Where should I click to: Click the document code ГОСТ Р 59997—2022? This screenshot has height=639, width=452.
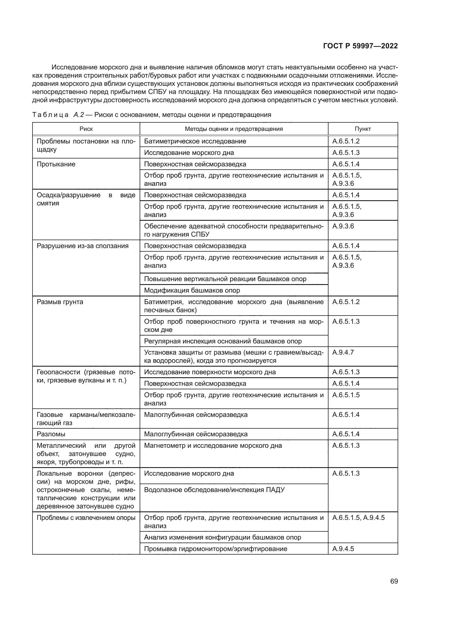point(360,46)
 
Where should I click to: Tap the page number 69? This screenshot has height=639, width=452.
point(394,581)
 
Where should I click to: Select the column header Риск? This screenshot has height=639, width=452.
point(86,129)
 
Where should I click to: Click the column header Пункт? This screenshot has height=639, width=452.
point(363,129)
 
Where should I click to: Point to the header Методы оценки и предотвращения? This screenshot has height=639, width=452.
point(234,129)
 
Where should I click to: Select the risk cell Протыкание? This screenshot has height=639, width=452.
point(56,164)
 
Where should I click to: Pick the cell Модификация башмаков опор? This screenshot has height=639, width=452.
point(192,290)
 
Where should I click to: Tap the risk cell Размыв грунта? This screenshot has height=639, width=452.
point(60,302)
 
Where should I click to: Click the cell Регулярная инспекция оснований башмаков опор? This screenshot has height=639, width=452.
point(223,341)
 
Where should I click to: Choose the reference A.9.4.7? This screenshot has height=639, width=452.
point(343,352)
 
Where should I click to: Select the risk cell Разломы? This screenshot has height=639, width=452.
point(51,434)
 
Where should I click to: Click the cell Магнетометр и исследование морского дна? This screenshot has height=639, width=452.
point(213,446)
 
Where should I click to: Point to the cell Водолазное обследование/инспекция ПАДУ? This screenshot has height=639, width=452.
point(214,490)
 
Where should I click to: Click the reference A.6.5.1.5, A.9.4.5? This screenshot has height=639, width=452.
point(359,518)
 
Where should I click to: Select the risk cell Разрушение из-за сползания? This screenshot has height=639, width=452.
point(83,246)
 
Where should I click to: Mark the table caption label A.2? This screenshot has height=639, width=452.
point(78,115)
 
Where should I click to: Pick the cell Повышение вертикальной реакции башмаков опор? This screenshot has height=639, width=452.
point(225,279)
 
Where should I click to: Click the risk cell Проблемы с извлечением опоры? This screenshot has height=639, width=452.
point(86,518)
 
